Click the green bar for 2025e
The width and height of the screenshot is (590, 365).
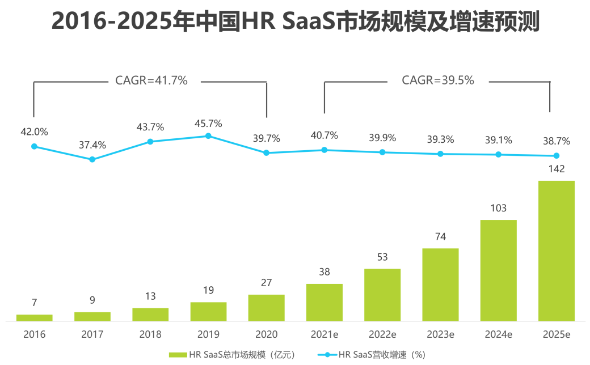coord(556,251)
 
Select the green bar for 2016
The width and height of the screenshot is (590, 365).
coord(34,317)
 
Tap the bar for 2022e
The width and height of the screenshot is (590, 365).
coord(382,295)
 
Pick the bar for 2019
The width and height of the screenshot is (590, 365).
coord(208,311)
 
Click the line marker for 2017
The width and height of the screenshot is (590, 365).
coord(92,159)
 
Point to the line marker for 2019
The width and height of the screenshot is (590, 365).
coord(208,136)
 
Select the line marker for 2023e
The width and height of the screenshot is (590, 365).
coord(440,154)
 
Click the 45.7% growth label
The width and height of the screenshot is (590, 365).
coord(208,124)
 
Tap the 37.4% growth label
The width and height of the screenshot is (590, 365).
coord(92,145)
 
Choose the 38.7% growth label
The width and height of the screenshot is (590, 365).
coord(556,141)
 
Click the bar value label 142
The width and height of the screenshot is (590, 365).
coord(556,169)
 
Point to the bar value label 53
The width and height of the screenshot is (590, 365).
coord(382,257)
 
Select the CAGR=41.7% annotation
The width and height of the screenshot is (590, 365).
coord(151,81)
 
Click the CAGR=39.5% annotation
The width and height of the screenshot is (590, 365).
coord(438,81)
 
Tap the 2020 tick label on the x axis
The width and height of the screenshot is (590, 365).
coord(266,334)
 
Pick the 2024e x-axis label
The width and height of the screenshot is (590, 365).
coord(498,334)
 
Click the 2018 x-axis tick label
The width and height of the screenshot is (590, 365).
coord(150,334)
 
